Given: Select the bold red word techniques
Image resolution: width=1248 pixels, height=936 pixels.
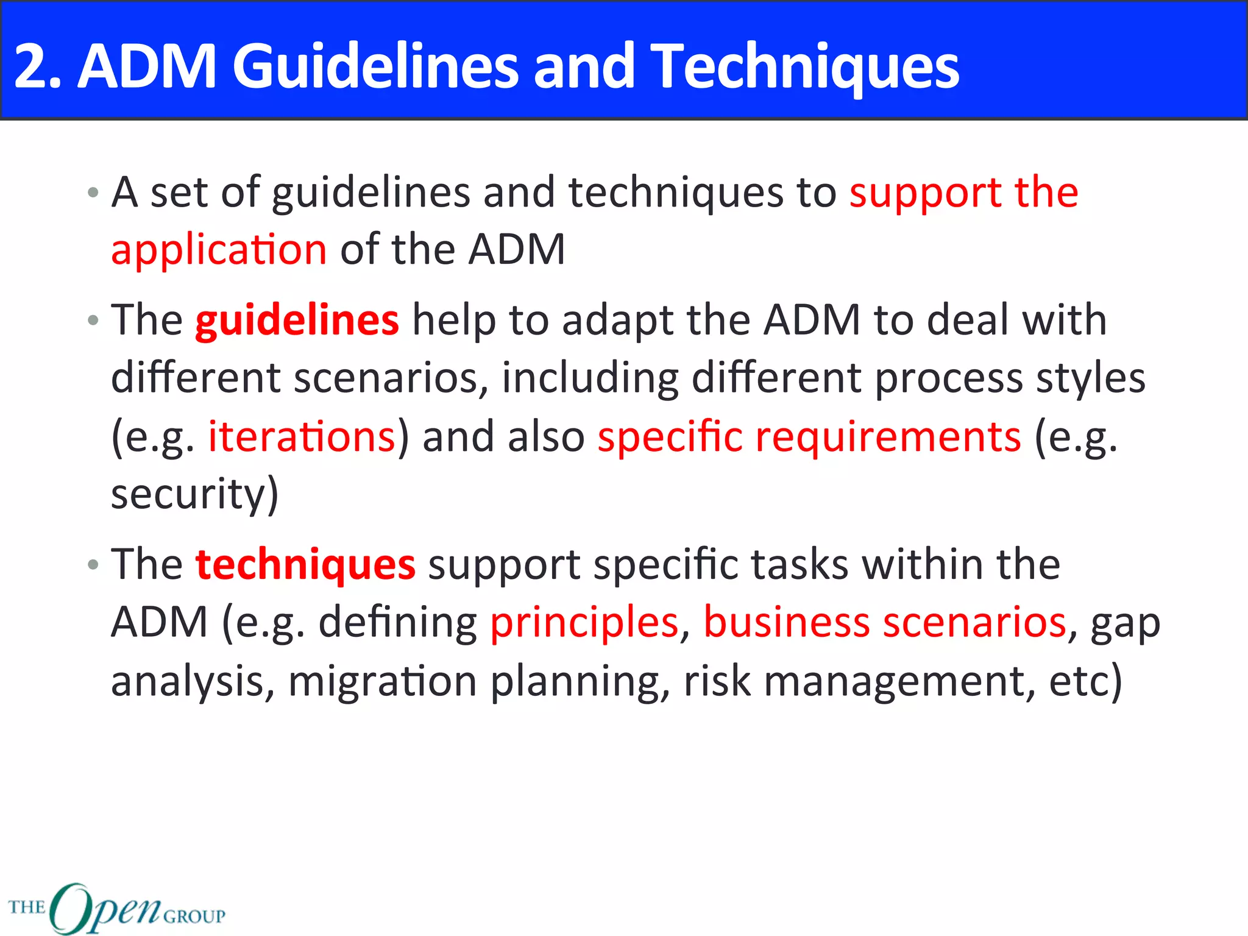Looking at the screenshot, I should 305,564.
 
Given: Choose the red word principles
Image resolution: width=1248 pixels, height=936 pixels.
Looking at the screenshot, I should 584,623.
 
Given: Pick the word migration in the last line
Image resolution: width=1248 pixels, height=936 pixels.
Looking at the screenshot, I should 382,681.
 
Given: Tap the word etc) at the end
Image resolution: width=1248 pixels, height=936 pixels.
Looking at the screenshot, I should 1085,681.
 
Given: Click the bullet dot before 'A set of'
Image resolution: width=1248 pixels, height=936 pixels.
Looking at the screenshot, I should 93,193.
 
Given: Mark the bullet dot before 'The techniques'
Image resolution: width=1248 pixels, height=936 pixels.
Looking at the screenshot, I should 93,565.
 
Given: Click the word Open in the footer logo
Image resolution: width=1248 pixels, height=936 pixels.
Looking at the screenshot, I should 105,908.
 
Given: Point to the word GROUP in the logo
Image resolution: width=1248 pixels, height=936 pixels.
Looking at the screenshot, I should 194,916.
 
